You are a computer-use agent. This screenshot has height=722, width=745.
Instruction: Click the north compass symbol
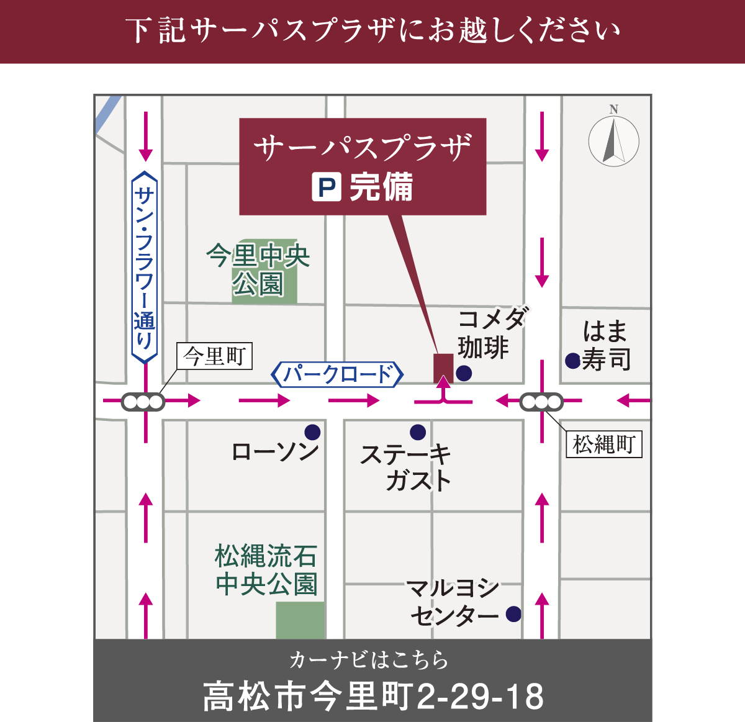click(x=613, y=140)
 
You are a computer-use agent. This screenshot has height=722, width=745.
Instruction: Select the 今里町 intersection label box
click(x=215, y=356)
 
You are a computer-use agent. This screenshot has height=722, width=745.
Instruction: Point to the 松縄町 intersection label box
click(x=603, y=444)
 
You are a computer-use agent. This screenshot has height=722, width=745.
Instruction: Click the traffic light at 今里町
click(x=143, y=402)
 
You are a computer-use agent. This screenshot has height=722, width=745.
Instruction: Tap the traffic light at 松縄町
click(x=541, y=402)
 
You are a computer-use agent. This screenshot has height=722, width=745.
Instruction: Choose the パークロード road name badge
click(x=338, y=374)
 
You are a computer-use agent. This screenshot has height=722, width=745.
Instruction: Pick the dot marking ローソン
click(x=312, y=432)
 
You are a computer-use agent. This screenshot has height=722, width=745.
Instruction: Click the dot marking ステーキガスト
click(x=418, y=432)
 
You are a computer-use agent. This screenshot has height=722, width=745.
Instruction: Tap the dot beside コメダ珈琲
click(x=464, y=373)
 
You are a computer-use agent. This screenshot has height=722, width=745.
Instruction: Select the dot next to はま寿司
click(x=572, y=360)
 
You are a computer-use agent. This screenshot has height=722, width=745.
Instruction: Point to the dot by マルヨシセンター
click(x=513, y=614)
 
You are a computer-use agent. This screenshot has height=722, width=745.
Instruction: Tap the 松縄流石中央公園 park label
click(x=266, y=570)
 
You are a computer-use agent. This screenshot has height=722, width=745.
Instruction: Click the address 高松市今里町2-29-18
click(x=373, y=697)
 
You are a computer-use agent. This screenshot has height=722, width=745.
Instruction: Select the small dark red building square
click(x=443, y=367)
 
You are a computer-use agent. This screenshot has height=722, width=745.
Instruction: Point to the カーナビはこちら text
click(x=369, y=660)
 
